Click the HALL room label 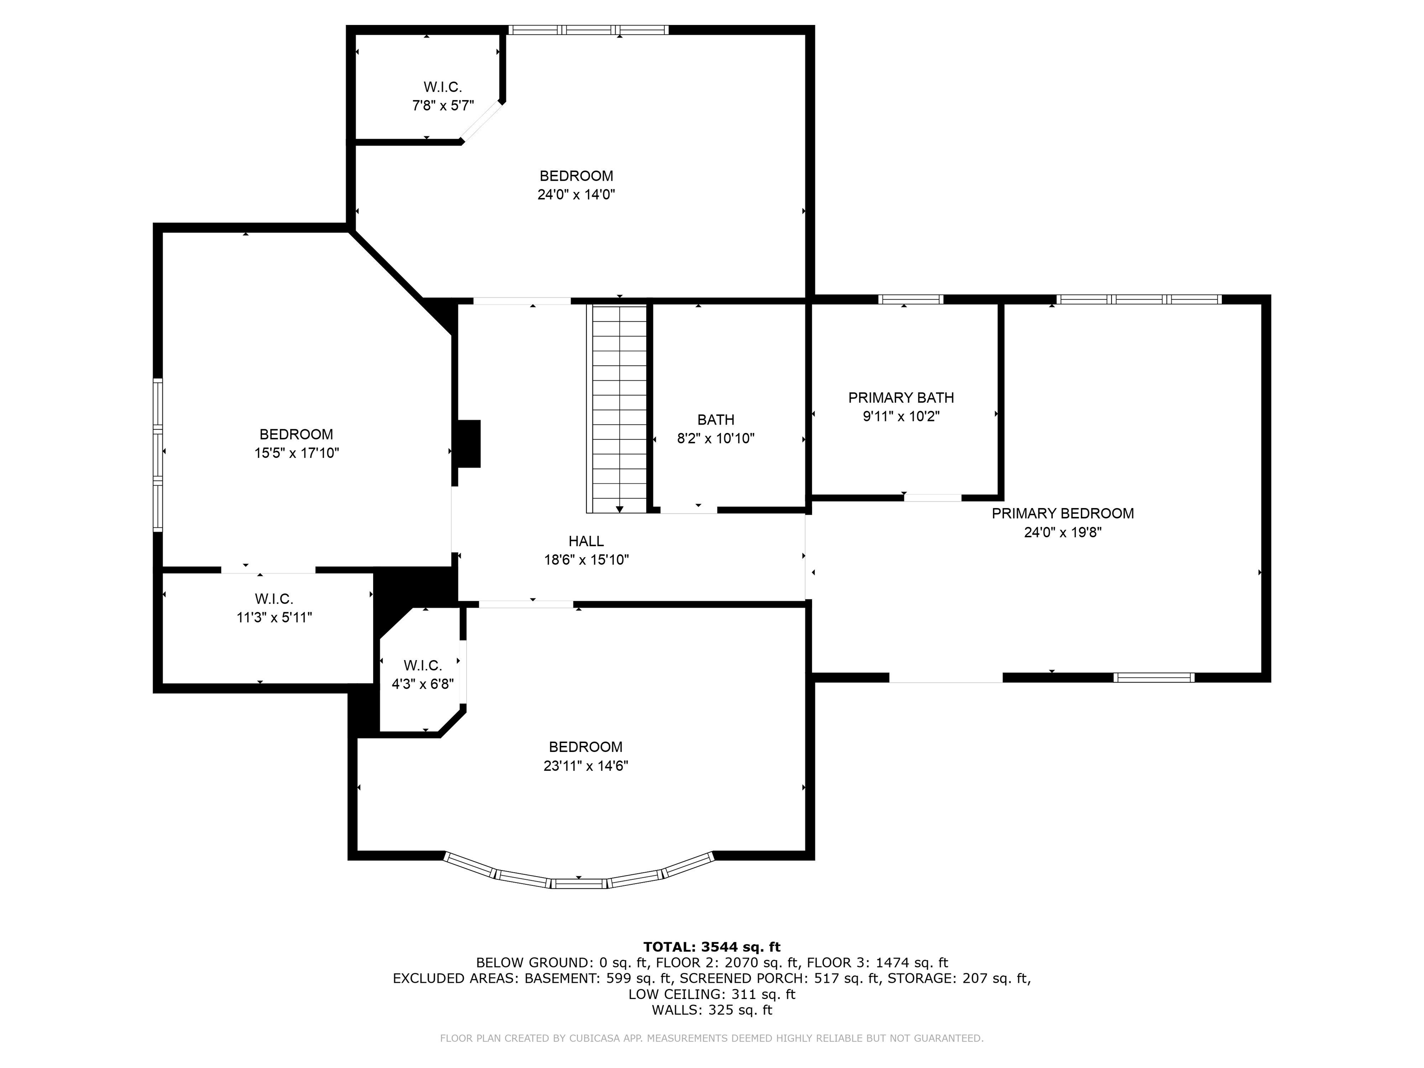coord(586,541)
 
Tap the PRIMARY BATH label coord(901,398)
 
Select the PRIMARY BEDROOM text coord(1062,514)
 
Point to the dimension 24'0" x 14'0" coord(576,194)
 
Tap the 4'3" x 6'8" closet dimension coord(423,684)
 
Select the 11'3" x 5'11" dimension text coord(274,618)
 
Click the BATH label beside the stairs coord(716,420)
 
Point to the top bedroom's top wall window coord(588,30)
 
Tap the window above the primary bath coord(910,299)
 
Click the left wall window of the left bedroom coord(158,455)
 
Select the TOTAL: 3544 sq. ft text coord(712,947)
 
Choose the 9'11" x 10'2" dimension coord(901,417)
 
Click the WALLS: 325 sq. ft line coord(712,1010)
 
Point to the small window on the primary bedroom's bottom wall coord(1154,677)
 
